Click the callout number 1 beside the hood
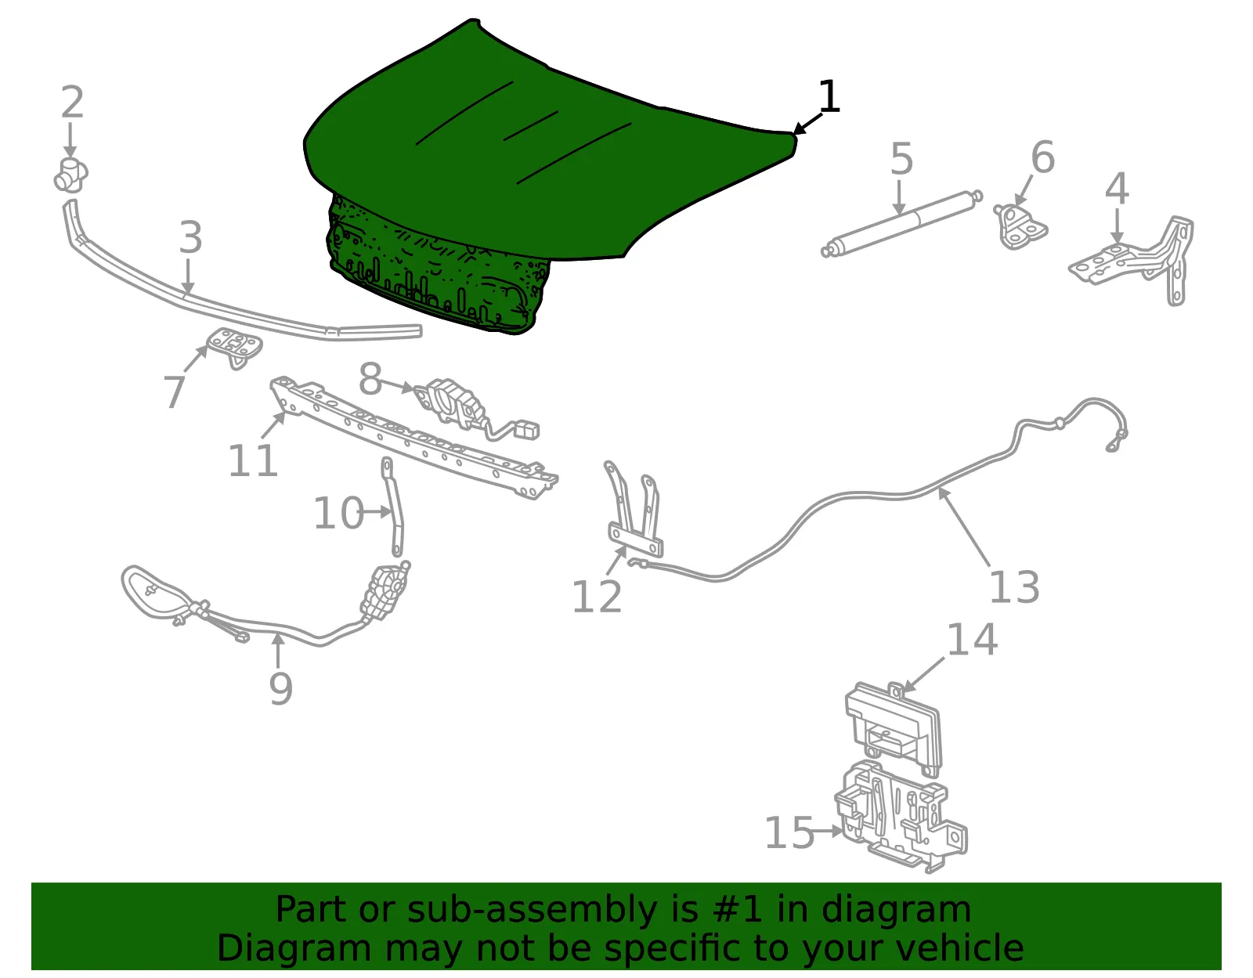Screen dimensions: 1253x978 click(829, 96)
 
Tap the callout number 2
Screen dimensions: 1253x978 click(73, 103)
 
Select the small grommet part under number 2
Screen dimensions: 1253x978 click(70, 175)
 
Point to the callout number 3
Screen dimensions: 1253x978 click(190, 236)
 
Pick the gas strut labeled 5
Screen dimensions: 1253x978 click(901, 224)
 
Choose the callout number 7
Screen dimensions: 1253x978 click(174, 392)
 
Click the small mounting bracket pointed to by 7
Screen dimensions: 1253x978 click(235, 347)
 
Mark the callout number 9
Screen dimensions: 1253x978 click(281, 689)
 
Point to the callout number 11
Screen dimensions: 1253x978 click(253, 460)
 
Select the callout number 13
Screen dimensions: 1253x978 click(1014, 586)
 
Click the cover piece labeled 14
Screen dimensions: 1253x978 click(893, 729)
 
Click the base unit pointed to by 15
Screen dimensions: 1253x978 click(901, 817)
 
